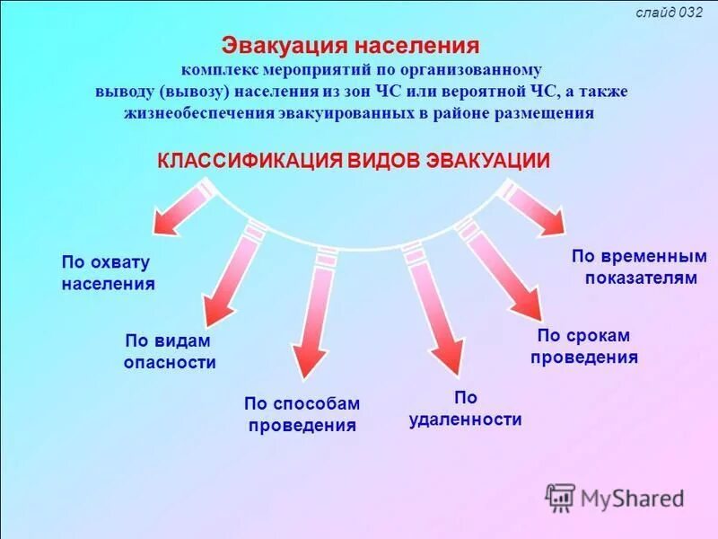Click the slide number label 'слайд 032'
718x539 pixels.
click(669, 13)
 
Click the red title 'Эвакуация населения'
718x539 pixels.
click(351, 46)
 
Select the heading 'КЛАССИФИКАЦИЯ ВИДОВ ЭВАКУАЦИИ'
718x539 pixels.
click(354, 160)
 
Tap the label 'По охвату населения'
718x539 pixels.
click(108, 272)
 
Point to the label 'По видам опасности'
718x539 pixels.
click(170, 351)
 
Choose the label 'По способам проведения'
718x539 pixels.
click(301, 415)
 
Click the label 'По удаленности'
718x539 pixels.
click(465, 409)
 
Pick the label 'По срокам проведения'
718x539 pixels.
click(583, 346)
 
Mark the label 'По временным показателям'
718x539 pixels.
click(639, 267)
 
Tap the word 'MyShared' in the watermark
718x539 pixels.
click(632, 499)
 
